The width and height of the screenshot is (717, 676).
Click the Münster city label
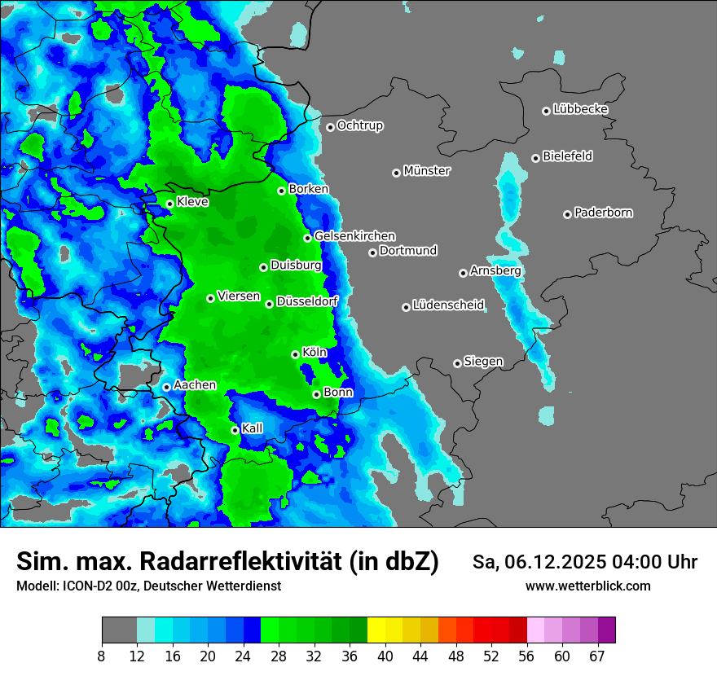tap(427, 171)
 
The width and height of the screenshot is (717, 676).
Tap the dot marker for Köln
tap(295, 354)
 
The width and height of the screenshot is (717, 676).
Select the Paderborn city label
tap(603, 213)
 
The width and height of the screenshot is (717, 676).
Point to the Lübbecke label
tap(580, 109)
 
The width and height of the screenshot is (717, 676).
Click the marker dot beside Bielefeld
tap(535, 158)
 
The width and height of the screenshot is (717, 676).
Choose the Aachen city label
tap(195, 385)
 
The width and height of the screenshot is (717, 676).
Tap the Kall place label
tap(253, 428)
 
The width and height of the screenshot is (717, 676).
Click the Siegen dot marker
tap(457, 363)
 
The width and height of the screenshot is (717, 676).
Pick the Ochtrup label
tap(359, 125)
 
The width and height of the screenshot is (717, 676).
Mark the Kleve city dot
tap(169, 204)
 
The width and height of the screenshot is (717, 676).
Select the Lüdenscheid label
tap(448, 305)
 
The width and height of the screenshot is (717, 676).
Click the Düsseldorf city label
tap(307, 302)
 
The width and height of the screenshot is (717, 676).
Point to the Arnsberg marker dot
tap(463, 273)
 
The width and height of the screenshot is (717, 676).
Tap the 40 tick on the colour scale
tap(385, 656)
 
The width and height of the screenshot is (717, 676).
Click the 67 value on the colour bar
tap(597, 656)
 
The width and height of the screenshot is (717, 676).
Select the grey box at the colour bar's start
tap(119, 630)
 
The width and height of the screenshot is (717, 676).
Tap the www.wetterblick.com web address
tap(587, 586)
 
